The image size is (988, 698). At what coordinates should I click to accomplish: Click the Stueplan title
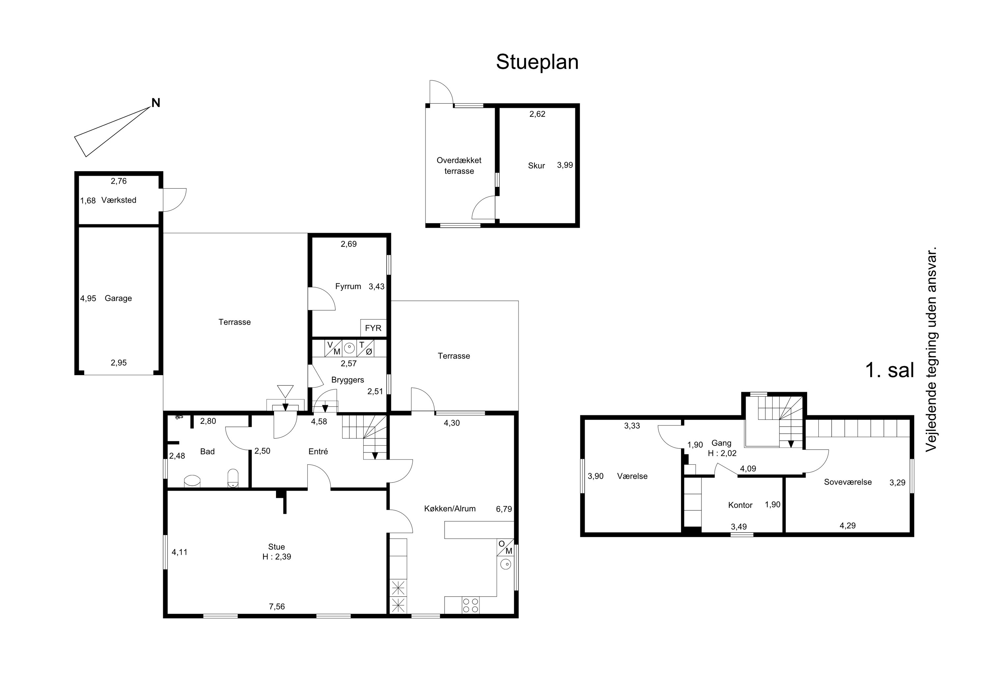(537, 62)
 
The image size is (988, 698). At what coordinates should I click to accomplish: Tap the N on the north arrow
(156, 103)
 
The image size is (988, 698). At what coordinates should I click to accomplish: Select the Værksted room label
(119, 200)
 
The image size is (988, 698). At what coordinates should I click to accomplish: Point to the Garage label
(118, 298)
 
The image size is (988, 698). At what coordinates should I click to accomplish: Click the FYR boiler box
(373, 328)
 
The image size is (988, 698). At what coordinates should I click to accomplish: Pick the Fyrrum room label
(348, 286)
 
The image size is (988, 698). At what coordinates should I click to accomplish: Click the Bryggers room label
(348, 380)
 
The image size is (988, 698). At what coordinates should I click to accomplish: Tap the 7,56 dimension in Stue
(277, 607)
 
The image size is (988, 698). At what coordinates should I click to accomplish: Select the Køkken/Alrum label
(450, 509)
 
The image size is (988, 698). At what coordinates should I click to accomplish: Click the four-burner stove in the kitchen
(470, 605)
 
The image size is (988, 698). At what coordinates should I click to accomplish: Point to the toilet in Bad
(233, 478)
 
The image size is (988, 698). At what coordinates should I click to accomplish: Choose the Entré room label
(318, 451)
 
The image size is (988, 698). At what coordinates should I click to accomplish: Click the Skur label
(536, 166)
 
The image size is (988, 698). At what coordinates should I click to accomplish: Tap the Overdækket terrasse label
(459, 166)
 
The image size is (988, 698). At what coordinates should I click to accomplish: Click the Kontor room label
(740, 505)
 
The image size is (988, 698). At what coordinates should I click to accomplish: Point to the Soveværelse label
(848, 482)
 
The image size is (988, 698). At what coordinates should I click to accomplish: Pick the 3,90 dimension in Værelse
(595, 476)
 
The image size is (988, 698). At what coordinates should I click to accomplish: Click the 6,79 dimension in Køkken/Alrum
(504, 509)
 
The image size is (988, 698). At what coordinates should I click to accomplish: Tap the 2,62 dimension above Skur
(537, 114)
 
